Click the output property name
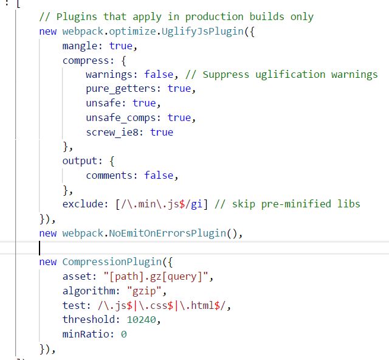80,161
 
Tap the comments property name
112,175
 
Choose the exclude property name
83,204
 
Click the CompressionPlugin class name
109,261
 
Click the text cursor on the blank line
40,247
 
